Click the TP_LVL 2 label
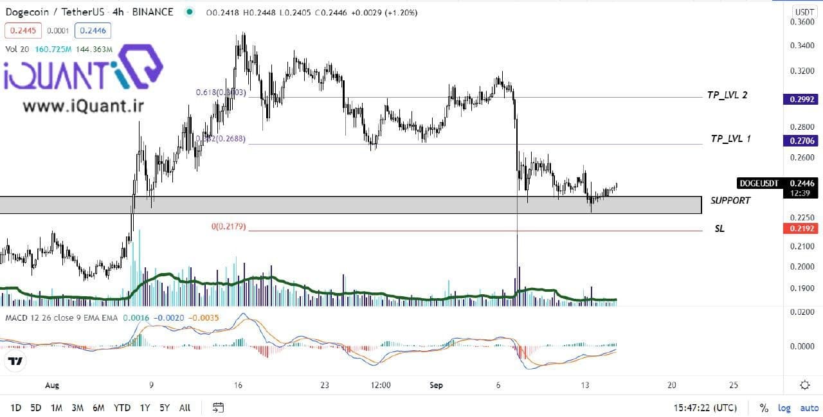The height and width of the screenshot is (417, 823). coord(727,95)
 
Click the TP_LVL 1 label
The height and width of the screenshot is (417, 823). coord(730,139)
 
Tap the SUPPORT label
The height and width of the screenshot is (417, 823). coord(730,200)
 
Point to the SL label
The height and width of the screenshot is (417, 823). coord(719,229)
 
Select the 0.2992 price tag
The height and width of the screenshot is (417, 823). coord(800,100)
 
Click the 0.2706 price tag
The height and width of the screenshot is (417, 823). coord(800,141)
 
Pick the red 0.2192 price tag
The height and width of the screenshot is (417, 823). coord(800,229)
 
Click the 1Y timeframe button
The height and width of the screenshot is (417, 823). coord(145,407)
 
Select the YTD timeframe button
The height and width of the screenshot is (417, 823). coord(122,407)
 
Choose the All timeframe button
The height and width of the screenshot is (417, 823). coord(185,407)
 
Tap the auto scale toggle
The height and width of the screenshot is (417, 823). coord(809,408)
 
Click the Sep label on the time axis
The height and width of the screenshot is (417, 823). coord(437,386)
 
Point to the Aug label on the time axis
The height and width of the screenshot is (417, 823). coord(52,386)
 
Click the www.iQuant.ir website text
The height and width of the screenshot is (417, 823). coord(75,105)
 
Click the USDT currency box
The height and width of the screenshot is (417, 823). coord(804,12)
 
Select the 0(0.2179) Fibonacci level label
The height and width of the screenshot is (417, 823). coord(228,227)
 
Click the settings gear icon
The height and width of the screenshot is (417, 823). coord(804,385)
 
